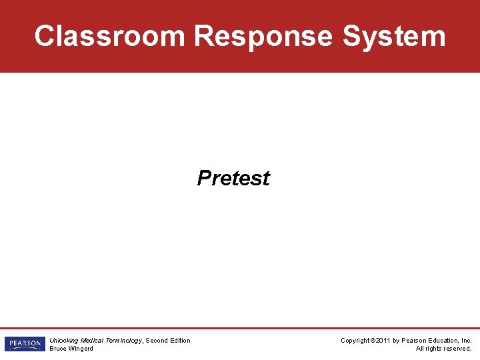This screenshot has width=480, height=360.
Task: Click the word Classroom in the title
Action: [109, 36]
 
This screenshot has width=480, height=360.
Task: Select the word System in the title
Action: [394, 36]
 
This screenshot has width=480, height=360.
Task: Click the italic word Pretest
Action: [233, 178]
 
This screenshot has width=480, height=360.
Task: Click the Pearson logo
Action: [25, 344]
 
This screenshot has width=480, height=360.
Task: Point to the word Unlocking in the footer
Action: [64, 341]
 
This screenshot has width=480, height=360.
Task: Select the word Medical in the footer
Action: [92, 341]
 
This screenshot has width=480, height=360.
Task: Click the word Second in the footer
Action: [157, 341]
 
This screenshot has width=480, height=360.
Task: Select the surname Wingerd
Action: [82, 349]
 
